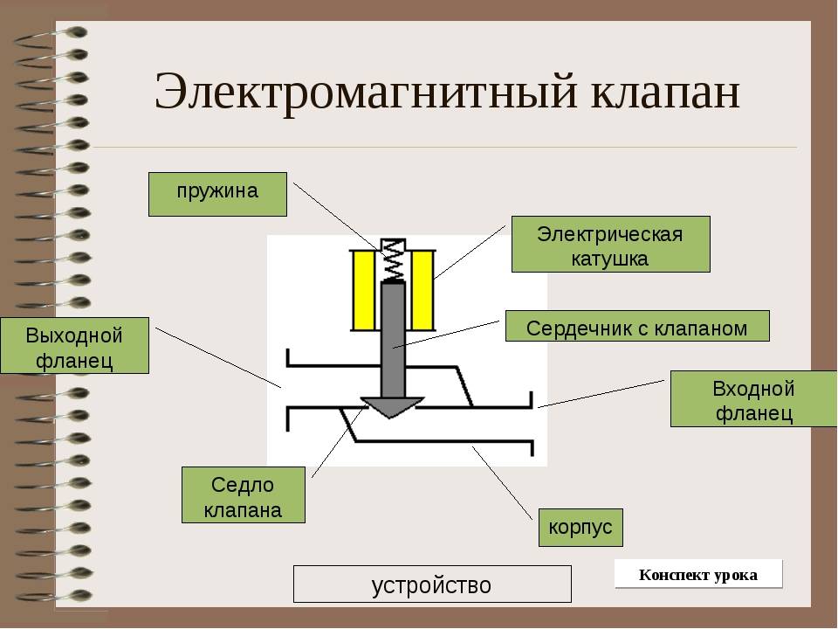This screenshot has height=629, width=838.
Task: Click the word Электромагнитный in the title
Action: (x=366, y=92)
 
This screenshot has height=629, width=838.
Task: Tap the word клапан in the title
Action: (x=665, y=92)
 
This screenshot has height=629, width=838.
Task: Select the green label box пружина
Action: (x=217, y=194)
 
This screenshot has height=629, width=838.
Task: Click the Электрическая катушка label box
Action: (x=611, y=245)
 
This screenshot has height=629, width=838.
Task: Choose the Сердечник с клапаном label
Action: (x=637, y=326)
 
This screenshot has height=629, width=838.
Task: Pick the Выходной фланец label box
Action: (x=75, y=346)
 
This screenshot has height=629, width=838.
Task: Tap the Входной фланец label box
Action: (x=754, y=399)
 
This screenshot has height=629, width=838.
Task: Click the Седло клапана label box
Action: (x=244, y=494)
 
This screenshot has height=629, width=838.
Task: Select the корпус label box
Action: (x=581, y=528)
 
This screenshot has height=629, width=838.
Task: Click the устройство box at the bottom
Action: (x=432, y=584)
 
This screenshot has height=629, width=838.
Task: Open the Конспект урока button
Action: (x=698, y=575)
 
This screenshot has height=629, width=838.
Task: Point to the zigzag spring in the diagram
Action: (x=394, y=261)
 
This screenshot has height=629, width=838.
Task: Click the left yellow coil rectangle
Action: (x=364, y=290)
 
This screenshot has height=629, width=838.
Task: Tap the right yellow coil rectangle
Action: (x=422, y=290)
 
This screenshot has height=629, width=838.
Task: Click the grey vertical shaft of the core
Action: (x=393, y=340)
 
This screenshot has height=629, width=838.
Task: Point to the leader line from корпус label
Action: (x=503, y=483)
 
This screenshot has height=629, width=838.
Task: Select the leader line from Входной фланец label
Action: (x=601, y=394)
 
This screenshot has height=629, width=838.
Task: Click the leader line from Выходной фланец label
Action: (x=218, y=358)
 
